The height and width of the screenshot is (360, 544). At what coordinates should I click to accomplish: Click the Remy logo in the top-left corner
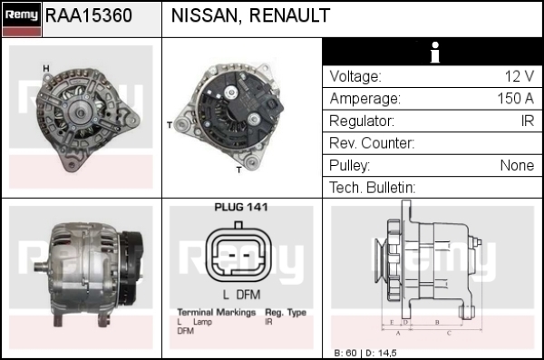point(22,19)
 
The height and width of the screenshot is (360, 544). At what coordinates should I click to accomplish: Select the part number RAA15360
point(89,15)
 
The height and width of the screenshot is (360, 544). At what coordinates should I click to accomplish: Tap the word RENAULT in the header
point(289,15)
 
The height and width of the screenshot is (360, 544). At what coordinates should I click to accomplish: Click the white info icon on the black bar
point(434,53)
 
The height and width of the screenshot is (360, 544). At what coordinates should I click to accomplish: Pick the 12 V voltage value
point(519,76)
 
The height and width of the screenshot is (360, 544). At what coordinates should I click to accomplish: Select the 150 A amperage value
point(516,99)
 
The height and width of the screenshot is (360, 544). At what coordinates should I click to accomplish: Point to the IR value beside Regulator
point(528,121)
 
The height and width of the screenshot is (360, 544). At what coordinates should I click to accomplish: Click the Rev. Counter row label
point(372,143)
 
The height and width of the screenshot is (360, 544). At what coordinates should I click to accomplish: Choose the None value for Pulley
point(517,166)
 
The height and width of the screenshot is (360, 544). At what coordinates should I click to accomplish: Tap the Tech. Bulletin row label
point(372,188)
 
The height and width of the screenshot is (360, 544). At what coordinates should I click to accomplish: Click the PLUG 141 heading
point(241,208)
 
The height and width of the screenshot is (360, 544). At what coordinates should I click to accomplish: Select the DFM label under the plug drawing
point(248,295)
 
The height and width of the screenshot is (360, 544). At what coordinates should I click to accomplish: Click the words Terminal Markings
point(217,313)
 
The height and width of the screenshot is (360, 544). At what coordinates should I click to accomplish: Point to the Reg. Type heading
point(286,313)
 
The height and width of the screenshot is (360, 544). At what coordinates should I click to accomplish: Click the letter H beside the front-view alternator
point(46,69)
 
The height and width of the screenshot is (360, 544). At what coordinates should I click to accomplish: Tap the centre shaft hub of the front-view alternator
point(80,112)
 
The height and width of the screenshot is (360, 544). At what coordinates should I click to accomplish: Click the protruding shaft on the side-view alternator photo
point(43,267)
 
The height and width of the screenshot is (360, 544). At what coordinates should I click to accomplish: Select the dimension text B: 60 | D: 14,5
point(365,353)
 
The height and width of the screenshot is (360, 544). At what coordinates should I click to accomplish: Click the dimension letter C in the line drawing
point(449,334)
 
